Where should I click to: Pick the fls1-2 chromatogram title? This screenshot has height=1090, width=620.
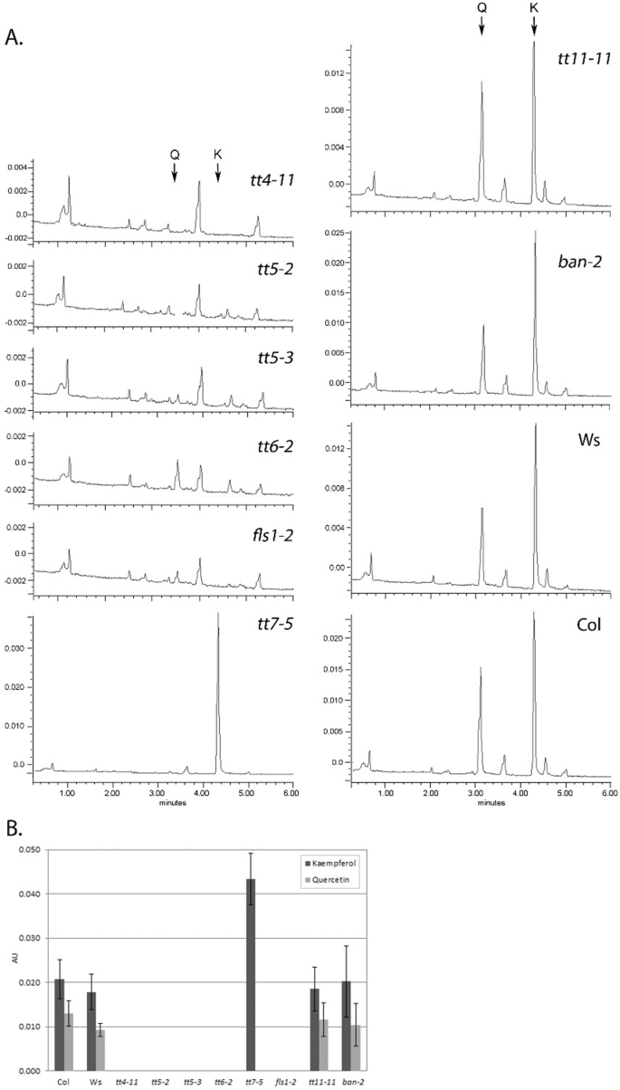271,532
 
